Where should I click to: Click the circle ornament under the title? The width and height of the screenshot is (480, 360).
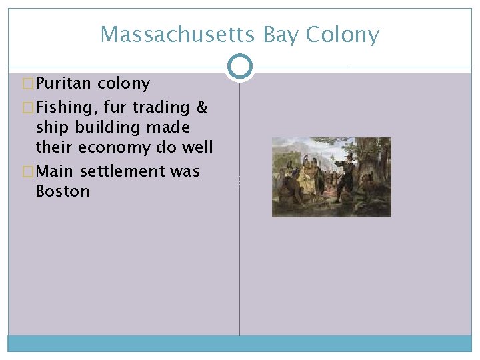(240, 67)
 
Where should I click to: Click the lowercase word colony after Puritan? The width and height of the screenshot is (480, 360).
(123, 84)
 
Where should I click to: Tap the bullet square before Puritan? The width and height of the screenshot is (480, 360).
(28, 84)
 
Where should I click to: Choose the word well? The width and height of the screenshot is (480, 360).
(197, 147)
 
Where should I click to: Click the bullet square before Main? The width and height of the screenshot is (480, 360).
(28, 171)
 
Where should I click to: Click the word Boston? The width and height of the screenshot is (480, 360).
(62, 191)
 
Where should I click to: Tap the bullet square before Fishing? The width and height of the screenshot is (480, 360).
(28, 107)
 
